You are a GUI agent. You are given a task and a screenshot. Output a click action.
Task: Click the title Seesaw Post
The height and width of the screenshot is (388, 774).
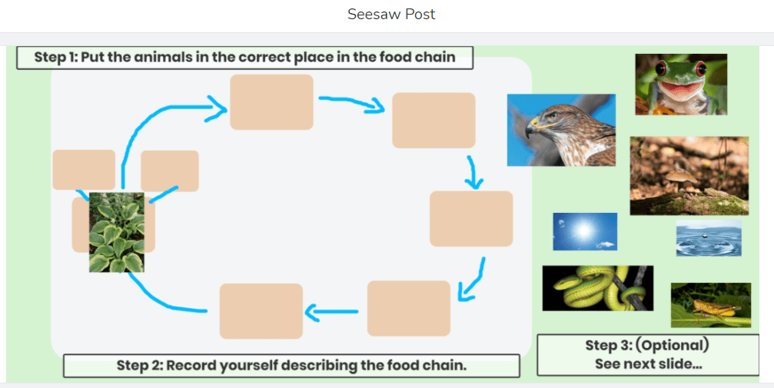coord(391,15)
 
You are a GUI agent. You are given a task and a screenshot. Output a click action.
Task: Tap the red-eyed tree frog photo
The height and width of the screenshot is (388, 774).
coord(680,84)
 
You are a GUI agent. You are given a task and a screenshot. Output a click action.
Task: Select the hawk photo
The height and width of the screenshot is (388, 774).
coord(561,130)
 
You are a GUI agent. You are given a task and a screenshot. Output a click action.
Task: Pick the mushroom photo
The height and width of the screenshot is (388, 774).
coord(689,176)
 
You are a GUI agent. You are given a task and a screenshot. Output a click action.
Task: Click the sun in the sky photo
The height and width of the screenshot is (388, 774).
coord(585,231)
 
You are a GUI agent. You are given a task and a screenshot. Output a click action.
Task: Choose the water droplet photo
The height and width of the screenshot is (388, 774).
coord(709,237)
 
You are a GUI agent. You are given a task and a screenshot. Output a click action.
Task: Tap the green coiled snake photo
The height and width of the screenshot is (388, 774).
coord(597,288)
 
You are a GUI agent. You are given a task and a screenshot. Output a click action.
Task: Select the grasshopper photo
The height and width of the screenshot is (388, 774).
coord(710,305)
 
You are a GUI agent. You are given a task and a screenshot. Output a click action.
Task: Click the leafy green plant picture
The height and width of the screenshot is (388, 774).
coord(116,232)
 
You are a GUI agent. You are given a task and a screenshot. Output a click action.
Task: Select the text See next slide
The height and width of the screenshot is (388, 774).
coord(648,363)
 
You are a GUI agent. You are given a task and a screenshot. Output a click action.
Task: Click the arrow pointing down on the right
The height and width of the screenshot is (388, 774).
coord(475,173)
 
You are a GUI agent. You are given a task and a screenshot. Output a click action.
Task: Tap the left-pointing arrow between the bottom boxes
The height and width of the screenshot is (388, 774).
coord(333,311)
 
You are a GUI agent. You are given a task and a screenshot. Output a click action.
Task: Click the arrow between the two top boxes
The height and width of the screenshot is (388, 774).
coord(352,103)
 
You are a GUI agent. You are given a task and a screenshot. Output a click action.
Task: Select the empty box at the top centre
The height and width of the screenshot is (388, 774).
coord(271,102)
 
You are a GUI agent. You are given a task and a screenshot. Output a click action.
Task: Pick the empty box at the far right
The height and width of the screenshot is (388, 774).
coord(470,219)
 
